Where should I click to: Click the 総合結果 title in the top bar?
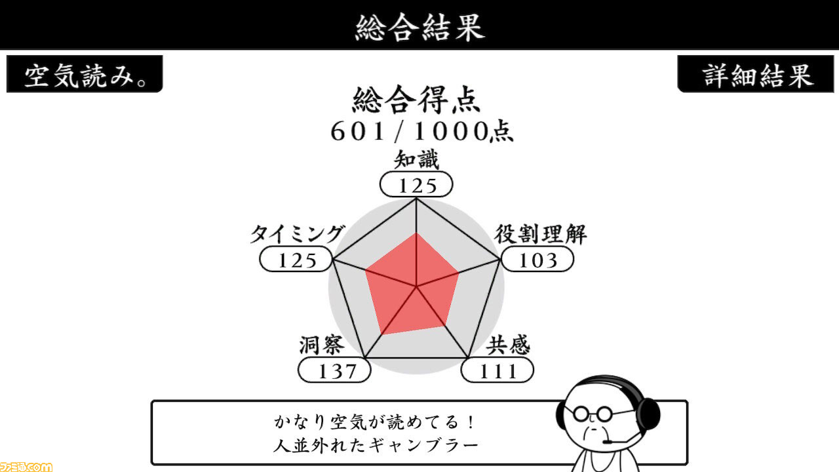pos(420,27)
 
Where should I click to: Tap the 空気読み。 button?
pos(85,74)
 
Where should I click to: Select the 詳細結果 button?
pos(756,74)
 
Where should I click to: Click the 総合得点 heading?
pos(416,100)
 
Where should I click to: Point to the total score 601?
pos(358,132)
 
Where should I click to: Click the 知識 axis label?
pos(416,159)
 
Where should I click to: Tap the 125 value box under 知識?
pos(416,184)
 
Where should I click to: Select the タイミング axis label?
pos(297,234)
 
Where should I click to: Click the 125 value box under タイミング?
pos(296,259)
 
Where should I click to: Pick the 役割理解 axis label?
pos(541,234)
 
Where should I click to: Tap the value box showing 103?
pos(537,259)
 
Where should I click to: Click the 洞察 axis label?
pos(321,345)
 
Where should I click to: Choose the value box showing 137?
pos(334,370)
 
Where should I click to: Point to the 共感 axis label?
pos(508,345)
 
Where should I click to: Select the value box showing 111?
pos(498,370)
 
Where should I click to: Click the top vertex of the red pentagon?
pos(416,233)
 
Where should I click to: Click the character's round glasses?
pos(592,414)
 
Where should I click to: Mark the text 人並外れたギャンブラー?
pos(376,445)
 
